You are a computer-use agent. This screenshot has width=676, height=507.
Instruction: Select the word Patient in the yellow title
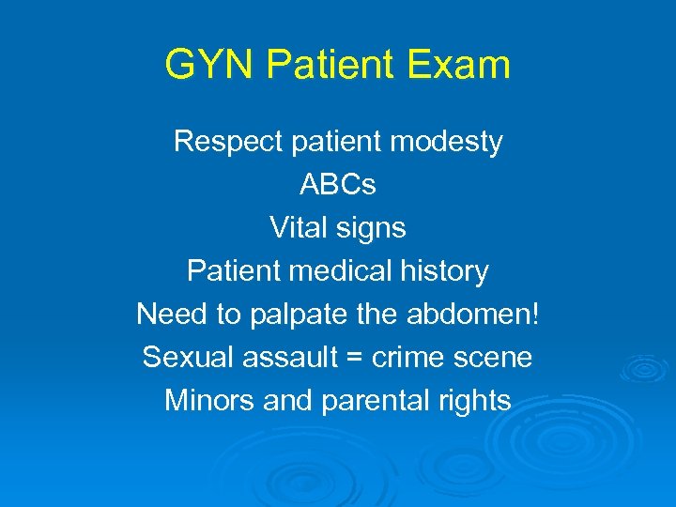335,66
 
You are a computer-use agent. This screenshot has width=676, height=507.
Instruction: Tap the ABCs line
338,185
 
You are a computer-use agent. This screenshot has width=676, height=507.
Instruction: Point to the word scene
497,358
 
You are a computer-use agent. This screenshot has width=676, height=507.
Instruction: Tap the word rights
475,402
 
